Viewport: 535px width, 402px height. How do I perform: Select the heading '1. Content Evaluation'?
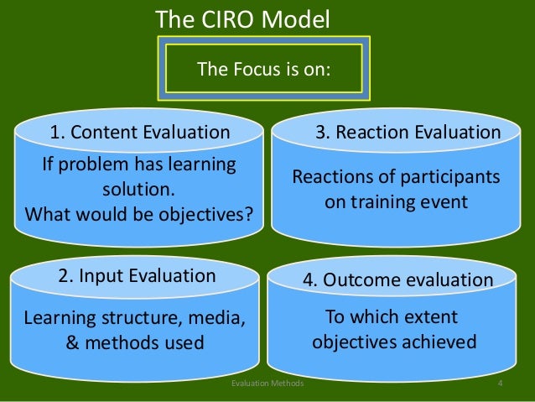tap(139, 132)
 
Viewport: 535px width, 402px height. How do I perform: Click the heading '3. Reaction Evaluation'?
tap(408, 132)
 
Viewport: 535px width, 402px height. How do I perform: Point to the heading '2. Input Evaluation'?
tap(137, 275)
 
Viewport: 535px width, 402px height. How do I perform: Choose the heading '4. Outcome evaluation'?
tap(397, 279)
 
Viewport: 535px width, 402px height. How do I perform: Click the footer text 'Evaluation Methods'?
tap(267, 384)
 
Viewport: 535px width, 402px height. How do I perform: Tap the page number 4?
tap(500, 384)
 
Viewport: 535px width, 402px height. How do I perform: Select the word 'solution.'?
tap(139, 188)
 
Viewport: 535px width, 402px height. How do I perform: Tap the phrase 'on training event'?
tap(395, 202)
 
